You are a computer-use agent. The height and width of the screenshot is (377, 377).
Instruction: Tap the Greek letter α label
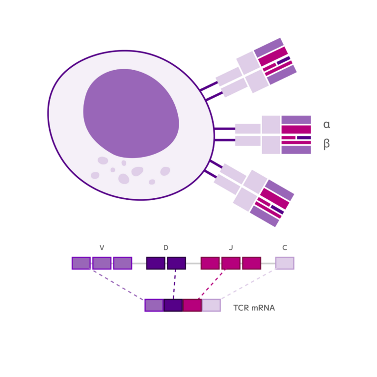326,125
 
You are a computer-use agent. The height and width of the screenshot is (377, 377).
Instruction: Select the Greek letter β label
326,144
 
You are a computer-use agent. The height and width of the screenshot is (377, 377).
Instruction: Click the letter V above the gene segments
102,248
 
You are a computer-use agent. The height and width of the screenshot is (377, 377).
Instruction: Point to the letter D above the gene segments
166,248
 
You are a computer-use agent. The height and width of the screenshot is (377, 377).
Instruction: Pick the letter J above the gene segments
231,248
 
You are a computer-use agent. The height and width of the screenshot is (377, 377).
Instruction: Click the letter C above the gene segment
285,248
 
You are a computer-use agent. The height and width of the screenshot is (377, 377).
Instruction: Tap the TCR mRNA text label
254,308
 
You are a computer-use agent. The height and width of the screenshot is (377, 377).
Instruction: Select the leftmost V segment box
81,263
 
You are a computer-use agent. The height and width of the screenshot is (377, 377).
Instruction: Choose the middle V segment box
102,263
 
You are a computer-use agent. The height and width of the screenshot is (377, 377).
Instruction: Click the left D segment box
156,263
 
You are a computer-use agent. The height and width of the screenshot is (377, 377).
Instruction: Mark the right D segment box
176,263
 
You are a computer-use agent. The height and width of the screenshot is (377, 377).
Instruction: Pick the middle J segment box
231,263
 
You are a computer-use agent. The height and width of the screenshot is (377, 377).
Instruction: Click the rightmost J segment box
251,263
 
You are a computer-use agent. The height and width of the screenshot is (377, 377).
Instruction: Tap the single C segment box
285,263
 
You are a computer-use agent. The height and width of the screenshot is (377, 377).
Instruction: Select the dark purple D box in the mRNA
173,305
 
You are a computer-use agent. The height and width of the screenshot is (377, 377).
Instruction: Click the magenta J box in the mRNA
192,305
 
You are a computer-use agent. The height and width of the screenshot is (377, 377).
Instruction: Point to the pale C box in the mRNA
212,305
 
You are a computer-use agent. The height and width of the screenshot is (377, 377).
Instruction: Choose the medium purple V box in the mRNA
154,305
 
